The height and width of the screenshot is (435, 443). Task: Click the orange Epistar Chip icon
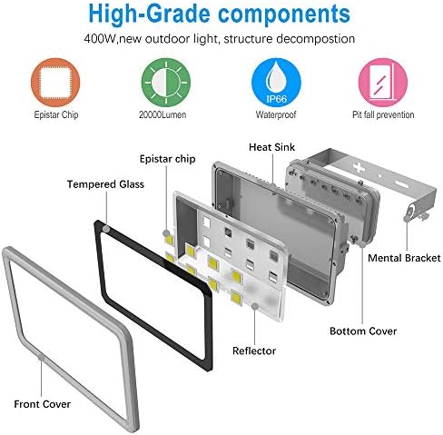(55, 83)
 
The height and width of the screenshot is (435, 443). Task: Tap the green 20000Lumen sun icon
(166, 83)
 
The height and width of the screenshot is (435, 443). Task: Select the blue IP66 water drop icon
(276, 83)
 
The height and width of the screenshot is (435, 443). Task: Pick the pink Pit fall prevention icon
(383, 83)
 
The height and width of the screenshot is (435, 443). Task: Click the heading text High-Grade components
(220, 15)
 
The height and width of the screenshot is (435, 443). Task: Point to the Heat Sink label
(271, 147)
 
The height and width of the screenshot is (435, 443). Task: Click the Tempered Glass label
(105, 184)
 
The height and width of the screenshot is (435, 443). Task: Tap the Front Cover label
(43, 404)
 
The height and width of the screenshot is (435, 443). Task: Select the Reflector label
(254, 351)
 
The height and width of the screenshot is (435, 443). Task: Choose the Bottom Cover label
(363, 331)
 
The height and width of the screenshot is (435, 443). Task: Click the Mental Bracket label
(404, 258)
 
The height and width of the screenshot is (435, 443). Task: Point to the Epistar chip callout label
(168, 159)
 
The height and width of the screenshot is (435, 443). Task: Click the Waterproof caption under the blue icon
(276, 114)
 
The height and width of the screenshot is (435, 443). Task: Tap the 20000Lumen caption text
(162, 114)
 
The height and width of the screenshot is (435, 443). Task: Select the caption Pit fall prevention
(383, 114)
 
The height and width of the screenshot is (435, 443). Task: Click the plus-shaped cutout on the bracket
(359, 167)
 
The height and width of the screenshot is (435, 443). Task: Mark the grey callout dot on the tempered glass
(106, 229)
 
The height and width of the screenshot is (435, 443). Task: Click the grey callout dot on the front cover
(41, 358)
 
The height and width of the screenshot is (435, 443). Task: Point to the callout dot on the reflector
(255, 306)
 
